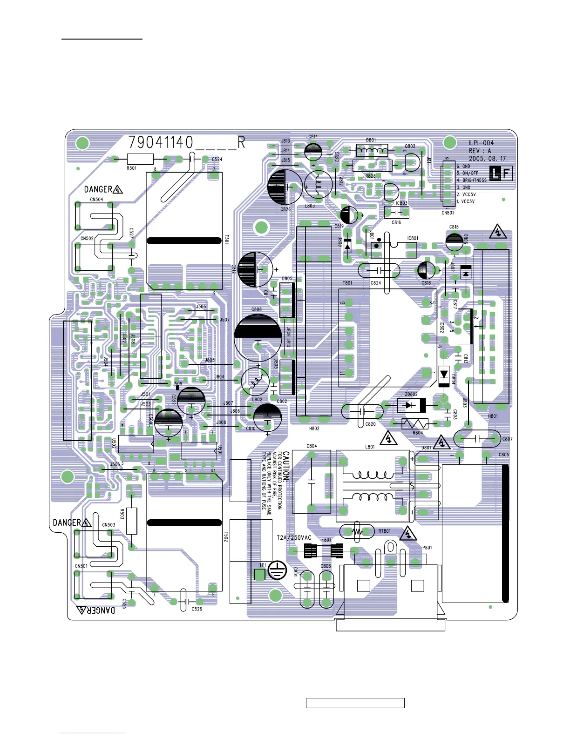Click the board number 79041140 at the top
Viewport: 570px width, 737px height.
161,142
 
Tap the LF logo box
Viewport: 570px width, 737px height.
501,174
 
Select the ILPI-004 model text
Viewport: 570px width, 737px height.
481,143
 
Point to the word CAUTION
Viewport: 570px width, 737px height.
286,466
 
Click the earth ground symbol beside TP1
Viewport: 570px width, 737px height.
277,571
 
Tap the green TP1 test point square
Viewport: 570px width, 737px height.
260,574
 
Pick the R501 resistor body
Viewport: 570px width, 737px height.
140,159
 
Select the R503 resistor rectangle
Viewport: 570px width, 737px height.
132,521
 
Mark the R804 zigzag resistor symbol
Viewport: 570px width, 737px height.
415,424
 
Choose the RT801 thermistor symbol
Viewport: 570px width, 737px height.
357,531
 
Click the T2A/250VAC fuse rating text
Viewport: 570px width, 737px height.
294,537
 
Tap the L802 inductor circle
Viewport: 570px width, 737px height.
255,382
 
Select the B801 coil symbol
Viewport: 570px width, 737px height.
372,150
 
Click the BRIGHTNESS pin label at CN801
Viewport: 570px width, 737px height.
474,181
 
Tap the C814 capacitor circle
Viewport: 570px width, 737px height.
313,151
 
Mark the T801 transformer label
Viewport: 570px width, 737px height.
347,283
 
